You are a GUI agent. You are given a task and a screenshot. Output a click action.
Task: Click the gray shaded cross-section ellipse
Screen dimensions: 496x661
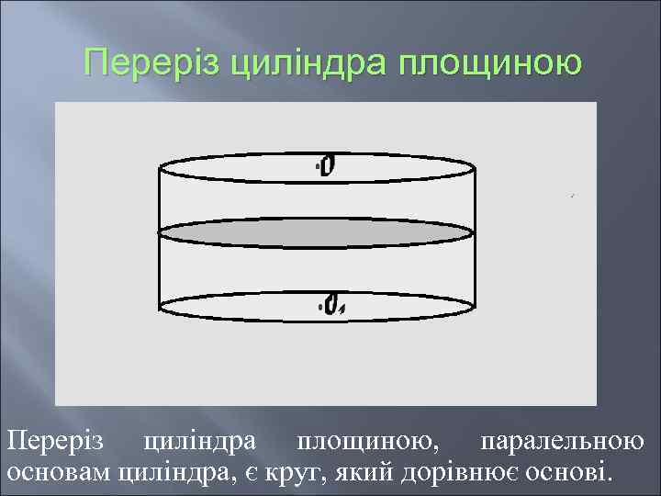click(x=318, y=232)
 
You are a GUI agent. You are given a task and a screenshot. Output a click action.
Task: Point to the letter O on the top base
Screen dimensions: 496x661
click(x=329, y=165)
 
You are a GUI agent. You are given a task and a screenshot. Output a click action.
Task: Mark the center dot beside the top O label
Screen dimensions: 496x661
click(x=318, y=166)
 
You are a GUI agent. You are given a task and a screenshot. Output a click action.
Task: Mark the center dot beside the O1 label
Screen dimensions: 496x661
click(x=320, y=304)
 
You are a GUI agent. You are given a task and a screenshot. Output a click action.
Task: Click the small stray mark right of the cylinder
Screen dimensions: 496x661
click(x=571, y=196)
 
